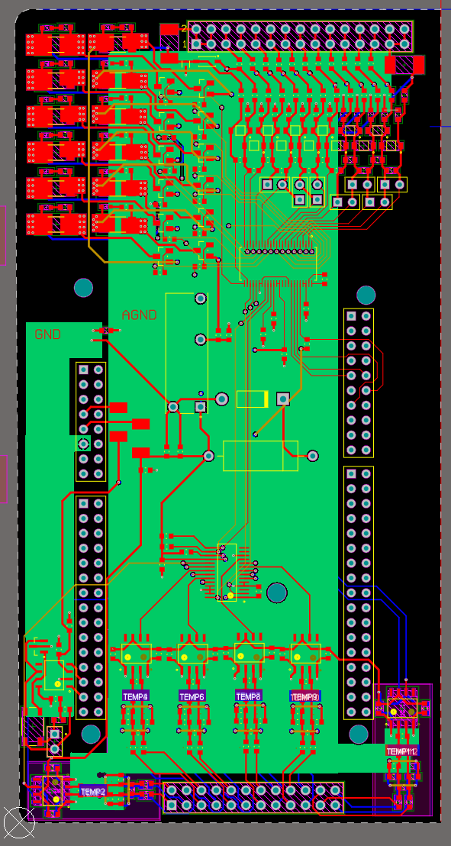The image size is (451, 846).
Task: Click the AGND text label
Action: click(139, 315)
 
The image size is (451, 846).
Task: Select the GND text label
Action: click(47, 334)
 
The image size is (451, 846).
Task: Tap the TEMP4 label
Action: click(136, 696)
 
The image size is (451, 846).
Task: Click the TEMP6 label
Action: click(192, 696)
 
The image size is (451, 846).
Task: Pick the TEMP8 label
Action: click(249, 696)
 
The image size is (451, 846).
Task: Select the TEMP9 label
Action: click(305, 696)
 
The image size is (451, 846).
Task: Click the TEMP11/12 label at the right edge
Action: click(402, 751)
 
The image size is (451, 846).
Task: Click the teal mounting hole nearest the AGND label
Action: click(83, 288)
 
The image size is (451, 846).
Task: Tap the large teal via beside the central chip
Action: click(276, 592)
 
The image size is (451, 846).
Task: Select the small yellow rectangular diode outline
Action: click(253, 399)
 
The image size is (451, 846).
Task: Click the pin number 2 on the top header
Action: click(183, 28)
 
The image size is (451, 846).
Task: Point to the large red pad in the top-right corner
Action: click(404, 65)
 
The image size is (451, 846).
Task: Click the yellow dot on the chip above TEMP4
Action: click(129, 657)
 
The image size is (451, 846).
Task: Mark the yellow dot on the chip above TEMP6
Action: click(185, 657)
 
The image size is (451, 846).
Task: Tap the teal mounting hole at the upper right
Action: click(366, 294)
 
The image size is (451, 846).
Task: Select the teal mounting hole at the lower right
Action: click(359, 734)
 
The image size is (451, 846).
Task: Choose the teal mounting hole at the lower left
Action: click(91, 734)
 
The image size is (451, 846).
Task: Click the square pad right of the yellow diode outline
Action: click(282, 399)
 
